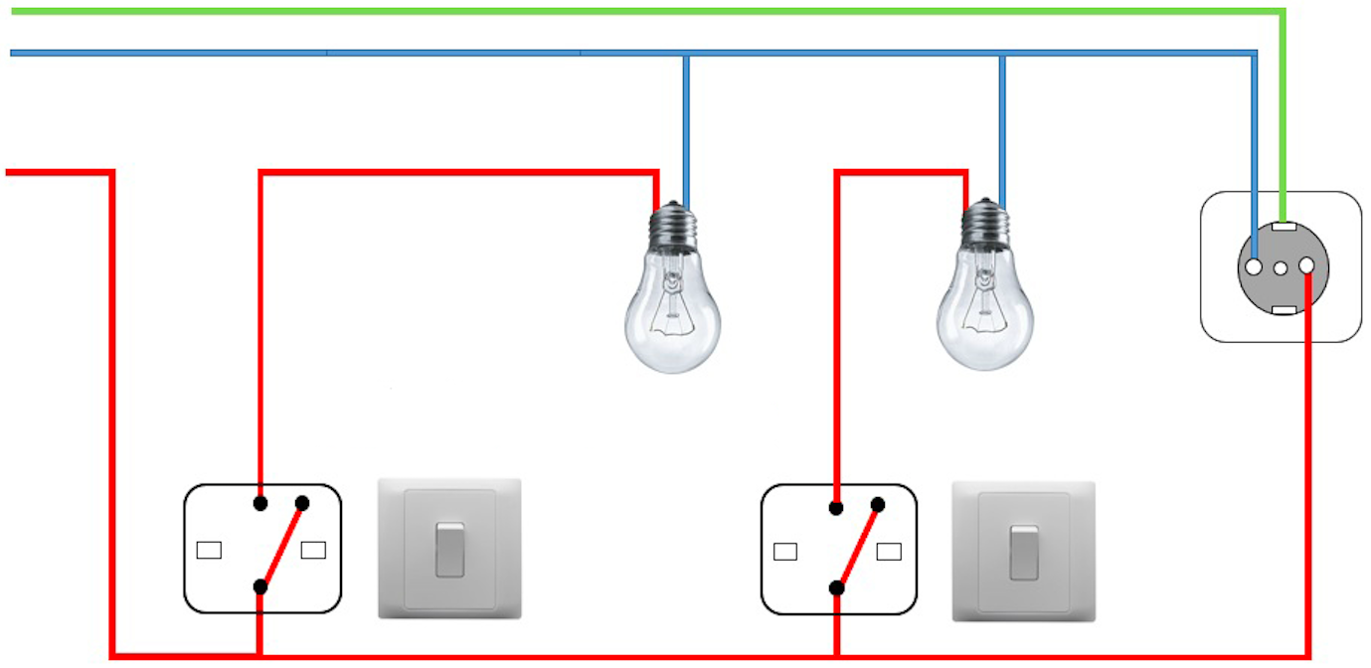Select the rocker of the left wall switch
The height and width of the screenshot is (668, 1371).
449,548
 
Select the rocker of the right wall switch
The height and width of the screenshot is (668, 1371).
1024,552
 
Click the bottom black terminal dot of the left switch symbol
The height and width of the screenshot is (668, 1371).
260,586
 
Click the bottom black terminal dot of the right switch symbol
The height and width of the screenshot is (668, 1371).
837,587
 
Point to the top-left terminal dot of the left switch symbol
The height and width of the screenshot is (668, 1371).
260,503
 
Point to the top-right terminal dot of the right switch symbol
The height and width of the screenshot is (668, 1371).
878,505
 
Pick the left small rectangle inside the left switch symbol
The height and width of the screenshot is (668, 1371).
209,550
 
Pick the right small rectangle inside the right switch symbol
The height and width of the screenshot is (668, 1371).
889,551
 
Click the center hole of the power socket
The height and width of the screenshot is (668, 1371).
1281,268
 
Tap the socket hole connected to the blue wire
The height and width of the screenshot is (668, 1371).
1255,266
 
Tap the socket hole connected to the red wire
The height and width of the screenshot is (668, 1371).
1306,264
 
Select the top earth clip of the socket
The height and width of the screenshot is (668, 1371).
1283,226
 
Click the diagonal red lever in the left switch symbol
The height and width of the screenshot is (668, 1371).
281,545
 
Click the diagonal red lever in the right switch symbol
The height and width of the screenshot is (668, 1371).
858,546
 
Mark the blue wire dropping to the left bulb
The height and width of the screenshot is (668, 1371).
686,129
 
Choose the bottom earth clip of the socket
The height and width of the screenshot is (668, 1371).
1283,310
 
